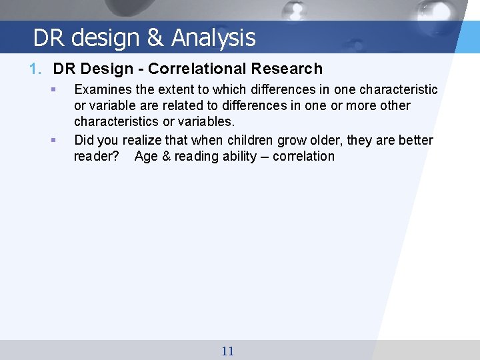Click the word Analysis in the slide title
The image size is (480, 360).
[x=213, y=38]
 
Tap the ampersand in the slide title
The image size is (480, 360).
[x=155, y=38]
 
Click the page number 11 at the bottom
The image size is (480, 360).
[x=227, y=351]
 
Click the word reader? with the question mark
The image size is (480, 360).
[x=97, y=157]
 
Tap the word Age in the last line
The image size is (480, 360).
[x=146, y=157]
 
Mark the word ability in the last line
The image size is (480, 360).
[x=236, y=157]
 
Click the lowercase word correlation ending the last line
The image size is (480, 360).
[x=304, y=157]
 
